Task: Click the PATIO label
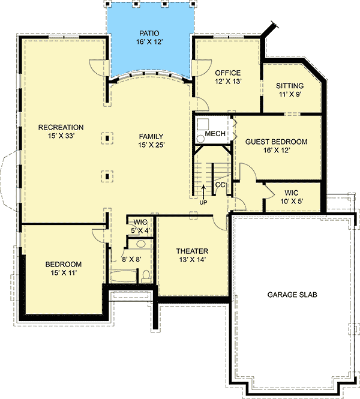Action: [x=149, y=34]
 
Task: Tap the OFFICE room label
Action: [x=228, y=73]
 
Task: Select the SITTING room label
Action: [x=290, y=86]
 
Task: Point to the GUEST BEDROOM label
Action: [x=276, y=142]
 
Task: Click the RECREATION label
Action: [x=61, y=127]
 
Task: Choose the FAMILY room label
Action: [x=151, y=136]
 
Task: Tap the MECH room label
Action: [x=215, y=134]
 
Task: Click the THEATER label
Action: [x=193, y=251]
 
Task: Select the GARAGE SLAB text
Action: [x=292, y=295]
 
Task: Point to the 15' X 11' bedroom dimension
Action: [x=64, y=273]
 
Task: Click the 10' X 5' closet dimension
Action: [x=292, y=201]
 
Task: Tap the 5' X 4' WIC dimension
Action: [x=140, y=230]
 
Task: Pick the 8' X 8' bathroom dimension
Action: [x=131, y=259]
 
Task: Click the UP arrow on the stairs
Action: [x=203, y=191]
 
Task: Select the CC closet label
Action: [x=220, y=185]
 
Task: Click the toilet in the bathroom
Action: [x=146, y=277]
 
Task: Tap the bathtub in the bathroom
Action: [x=123, y=277]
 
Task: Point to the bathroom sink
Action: [x=140, y=244]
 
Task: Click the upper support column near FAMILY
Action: [x=107, y=138]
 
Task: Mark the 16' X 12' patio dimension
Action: [x=149, y=42]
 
